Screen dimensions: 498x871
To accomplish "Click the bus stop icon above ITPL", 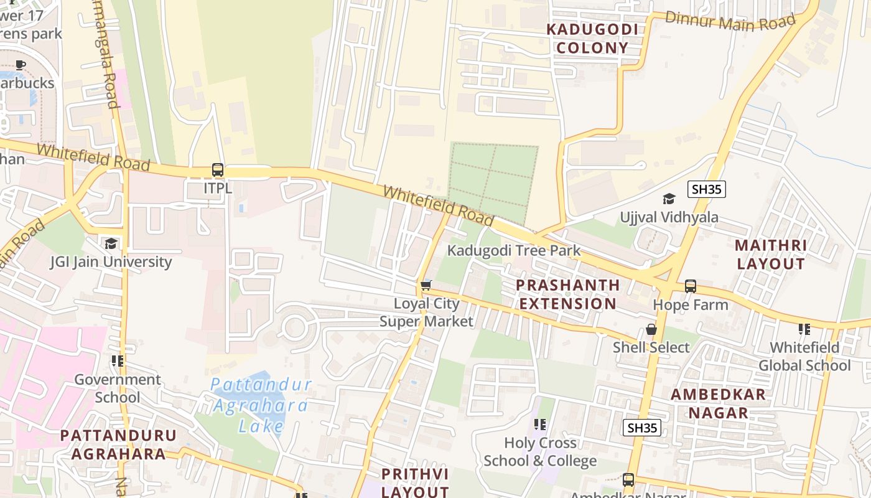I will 217,169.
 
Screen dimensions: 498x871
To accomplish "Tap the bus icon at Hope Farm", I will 691,286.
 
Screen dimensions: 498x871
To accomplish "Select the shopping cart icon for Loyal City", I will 426,285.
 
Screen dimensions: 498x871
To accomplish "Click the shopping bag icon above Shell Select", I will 651,329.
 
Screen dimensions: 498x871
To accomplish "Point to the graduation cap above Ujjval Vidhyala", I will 669,199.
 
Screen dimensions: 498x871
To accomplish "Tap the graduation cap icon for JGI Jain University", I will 111,243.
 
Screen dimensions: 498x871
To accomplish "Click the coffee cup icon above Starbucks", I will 21,65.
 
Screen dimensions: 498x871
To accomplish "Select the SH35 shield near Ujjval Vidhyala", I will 707,189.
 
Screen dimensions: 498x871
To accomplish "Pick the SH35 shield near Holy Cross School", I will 642,428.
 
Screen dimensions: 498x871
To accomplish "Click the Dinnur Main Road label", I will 730,21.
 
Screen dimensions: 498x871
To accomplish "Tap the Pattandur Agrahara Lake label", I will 260,405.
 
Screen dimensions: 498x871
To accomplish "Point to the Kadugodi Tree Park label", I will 514,251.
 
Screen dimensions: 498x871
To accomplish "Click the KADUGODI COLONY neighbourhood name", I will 592,39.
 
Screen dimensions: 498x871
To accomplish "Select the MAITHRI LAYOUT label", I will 770,255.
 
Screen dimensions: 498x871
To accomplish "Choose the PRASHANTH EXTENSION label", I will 568,294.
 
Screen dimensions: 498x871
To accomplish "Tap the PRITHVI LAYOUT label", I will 414,482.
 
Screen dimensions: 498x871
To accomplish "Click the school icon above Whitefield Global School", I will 804,329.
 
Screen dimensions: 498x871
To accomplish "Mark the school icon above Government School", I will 117,361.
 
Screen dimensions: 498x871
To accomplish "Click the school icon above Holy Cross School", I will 540,425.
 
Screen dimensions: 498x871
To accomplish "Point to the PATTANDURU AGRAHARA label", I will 118,444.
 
